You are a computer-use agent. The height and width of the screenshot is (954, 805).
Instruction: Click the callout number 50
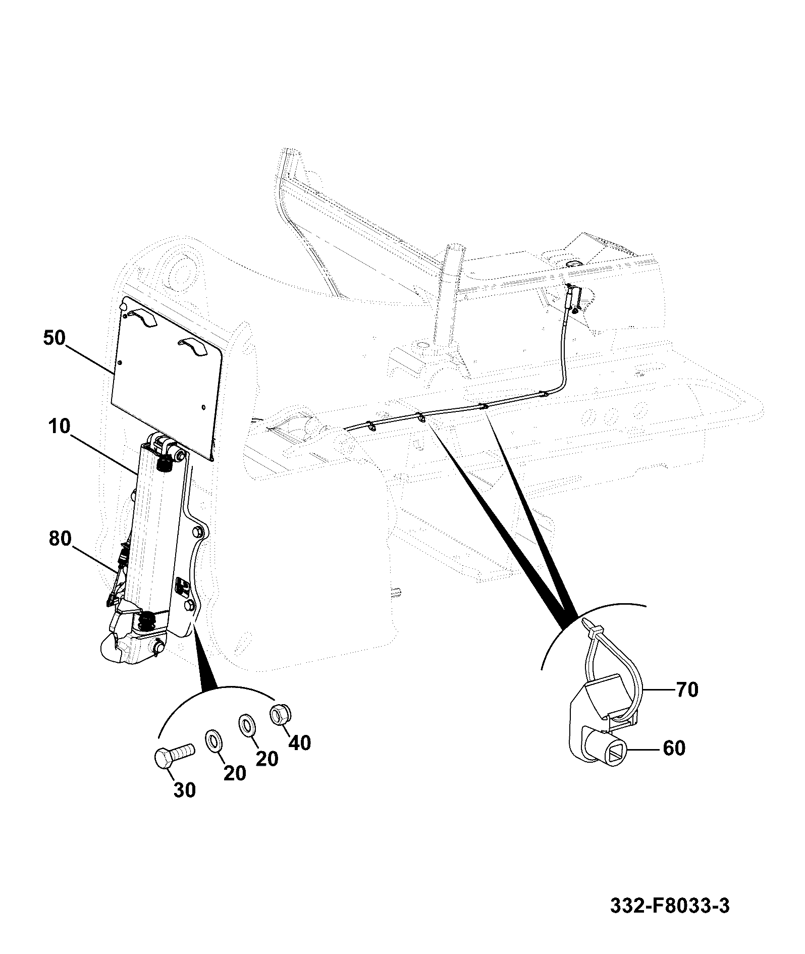(x=55, y=338)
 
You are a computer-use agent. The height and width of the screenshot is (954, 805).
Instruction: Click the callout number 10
(x=61, y=427)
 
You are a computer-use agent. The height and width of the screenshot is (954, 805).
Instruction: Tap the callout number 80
(x=61, y=539)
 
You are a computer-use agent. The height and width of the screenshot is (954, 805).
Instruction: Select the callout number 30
(x=185, y=790)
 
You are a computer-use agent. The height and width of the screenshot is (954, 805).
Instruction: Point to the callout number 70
(x=686, y=690)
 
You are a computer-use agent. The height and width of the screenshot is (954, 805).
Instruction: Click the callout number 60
(x=674, y=748)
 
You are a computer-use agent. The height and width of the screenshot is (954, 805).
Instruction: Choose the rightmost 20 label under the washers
(x=267, y=758)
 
